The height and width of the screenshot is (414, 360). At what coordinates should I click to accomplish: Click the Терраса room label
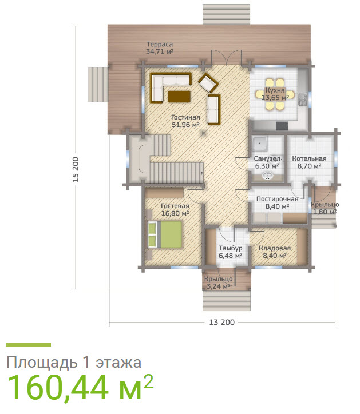pyautogui.click(x=160, y=48)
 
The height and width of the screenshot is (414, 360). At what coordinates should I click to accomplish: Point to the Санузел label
pyautogui.click(x=267, y=162)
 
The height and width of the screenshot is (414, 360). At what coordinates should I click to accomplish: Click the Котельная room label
pyautogui.click(x=309, y=162)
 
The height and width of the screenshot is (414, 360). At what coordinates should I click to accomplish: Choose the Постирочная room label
pyautogui.click(x=277, y=202)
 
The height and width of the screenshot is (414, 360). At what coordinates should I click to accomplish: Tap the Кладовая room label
pyautogui.click(x=275, y=252)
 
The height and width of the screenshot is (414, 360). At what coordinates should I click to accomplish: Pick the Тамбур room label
pyautogui.click(x=231, y=252)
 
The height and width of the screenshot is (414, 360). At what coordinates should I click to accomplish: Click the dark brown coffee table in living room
pyautogui.click(x=179, y=96)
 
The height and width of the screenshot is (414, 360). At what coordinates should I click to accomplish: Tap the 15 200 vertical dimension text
pyautogui.click(x=76, y=170)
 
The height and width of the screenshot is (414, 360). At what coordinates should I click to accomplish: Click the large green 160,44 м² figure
pyautogui.click(x=80, y=387)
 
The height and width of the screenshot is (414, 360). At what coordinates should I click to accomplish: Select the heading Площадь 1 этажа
pyautogui.click(x=73, y=362)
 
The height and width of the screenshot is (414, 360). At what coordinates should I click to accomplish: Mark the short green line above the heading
pyautogui.click(x=28, y=345)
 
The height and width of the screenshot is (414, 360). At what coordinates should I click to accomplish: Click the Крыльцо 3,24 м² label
pyautogui.click(x=219, y=282)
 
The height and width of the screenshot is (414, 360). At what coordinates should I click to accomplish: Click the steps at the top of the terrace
pyautogui.click(x=226, y=14)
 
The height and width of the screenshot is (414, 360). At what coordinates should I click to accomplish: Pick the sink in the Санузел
pyautogui.click(x=267, y=177)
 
